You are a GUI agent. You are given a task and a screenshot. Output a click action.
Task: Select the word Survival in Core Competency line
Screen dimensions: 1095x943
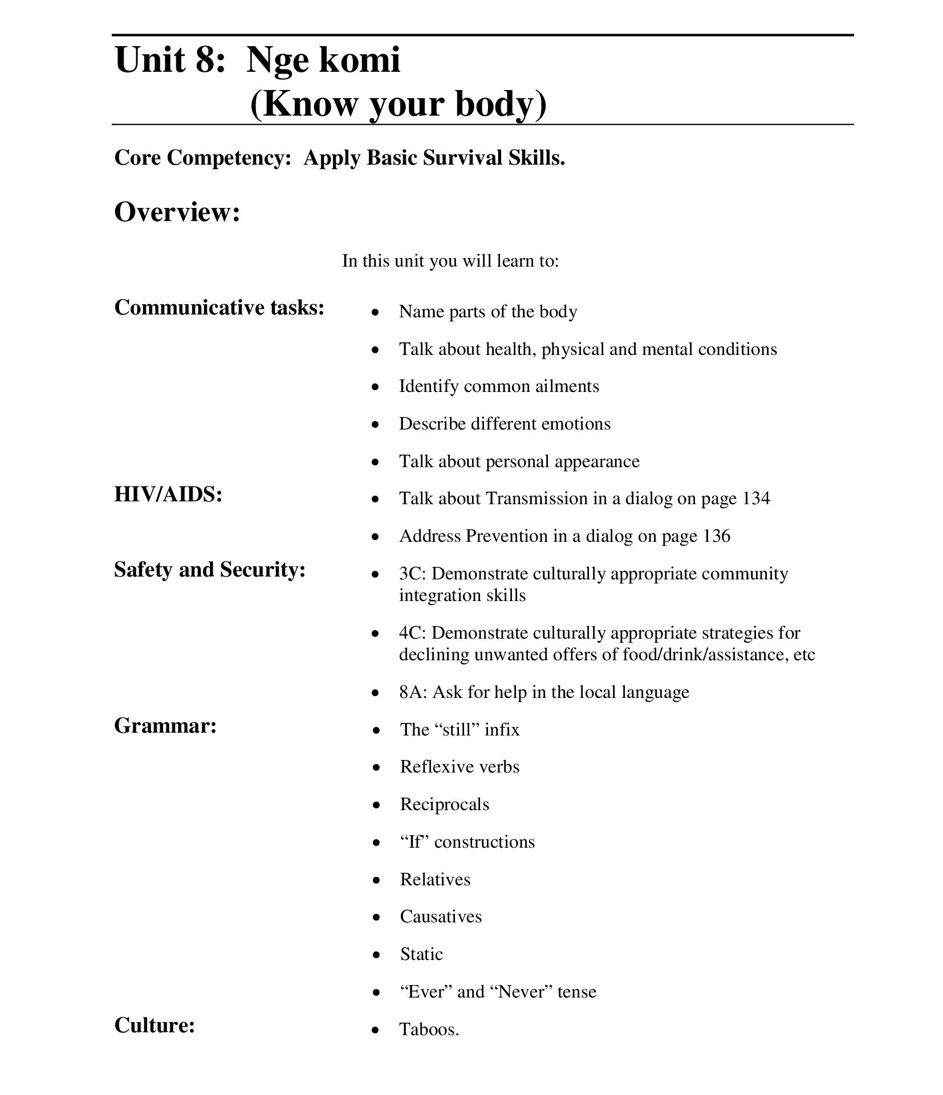coord(463,158)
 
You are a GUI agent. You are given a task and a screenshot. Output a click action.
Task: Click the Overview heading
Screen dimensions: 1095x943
coord(177,213)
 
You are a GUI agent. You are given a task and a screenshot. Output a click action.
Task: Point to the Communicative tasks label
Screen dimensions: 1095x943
coord(220,308)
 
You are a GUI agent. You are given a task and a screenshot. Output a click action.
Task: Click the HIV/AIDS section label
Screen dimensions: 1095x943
coord(168,494)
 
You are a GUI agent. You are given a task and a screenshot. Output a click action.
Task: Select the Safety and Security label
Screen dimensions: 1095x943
coord(210,569)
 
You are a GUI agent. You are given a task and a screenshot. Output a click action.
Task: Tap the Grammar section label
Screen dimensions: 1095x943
coord(165,725)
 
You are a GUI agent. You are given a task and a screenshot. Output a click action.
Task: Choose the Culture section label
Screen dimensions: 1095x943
coord(155,1025)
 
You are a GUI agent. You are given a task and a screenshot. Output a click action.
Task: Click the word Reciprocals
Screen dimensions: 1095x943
coord(445,804)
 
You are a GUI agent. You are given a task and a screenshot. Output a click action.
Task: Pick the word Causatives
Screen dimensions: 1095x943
coord(441,917)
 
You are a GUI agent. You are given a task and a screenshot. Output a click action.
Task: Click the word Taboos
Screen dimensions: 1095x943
coord(429,1029)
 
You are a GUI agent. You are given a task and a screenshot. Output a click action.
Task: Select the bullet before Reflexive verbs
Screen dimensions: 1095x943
coord(376,768)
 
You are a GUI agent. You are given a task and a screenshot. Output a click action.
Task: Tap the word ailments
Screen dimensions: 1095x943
coord(567,386)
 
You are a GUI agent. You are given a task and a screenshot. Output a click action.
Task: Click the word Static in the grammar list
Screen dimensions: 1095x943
coord(421,954)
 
